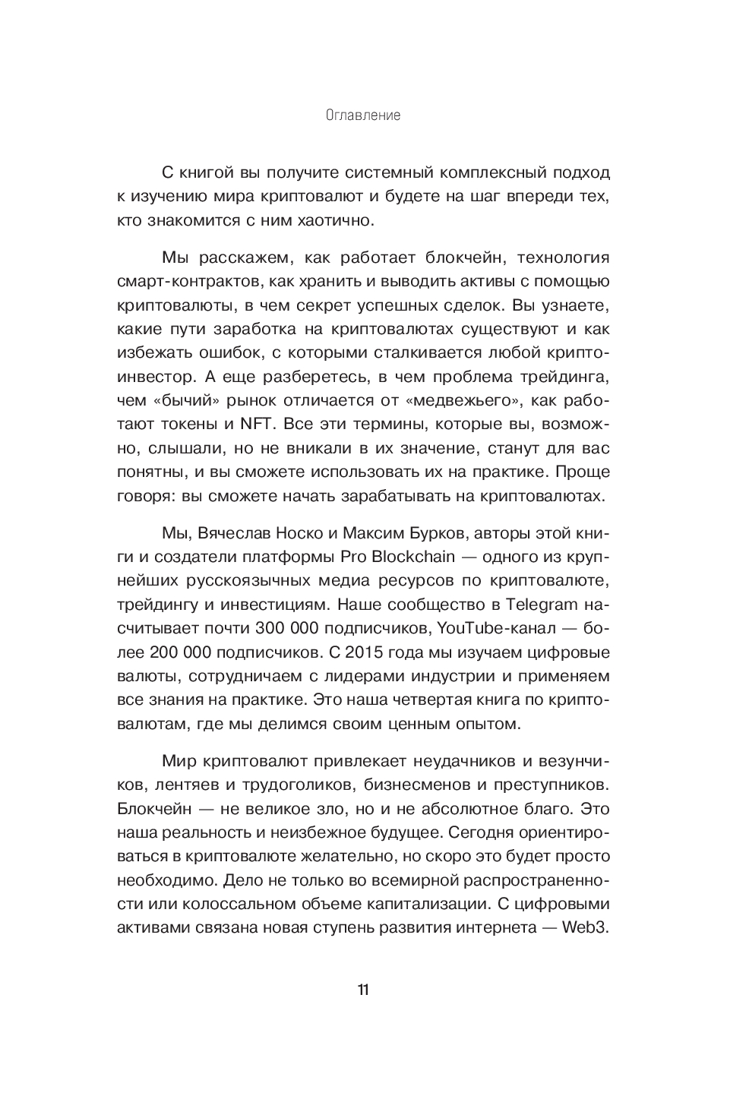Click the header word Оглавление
click(362, 116)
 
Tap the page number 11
click(363, 990)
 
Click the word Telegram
click(540, 605)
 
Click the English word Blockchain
click(413, 556)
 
